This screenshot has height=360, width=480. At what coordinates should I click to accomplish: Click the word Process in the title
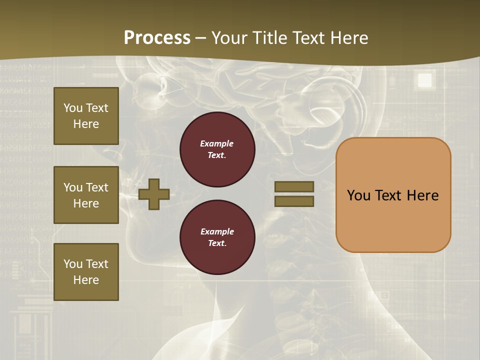pos(157,38)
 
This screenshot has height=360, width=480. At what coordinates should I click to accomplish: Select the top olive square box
pos(86,116)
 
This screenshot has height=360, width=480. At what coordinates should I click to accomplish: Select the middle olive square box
pos(86,195)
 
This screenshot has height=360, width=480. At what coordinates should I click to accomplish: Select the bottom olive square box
pos(86,271)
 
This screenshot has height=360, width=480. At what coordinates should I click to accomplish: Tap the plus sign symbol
pos(154,193)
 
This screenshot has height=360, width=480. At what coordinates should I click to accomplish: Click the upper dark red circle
pos(217,149)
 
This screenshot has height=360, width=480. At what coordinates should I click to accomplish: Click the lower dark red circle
pos(217,237)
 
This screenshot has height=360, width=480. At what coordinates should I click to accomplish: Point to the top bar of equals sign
pos(294,186)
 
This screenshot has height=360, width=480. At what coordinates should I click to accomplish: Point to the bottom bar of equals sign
pos(294,201)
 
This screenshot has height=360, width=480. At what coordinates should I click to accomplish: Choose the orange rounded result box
pos(393,195)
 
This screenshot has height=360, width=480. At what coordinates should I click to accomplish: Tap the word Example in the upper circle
pos(217,143)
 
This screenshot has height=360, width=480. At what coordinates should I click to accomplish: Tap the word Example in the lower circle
pos(217,231)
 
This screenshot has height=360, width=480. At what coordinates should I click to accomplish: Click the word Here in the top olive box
pos(86,124)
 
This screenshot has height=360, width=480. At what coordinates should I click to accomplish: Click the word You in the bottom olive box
pos(73,264)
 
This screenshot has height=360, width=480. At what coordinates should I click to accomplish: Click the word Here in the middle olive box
pos(86,203)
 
